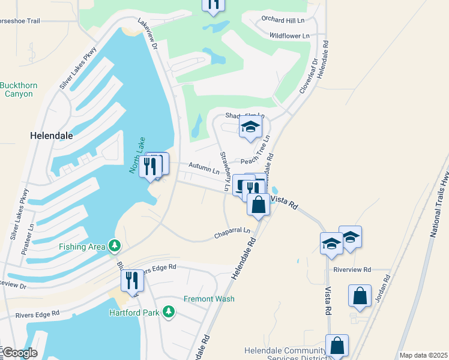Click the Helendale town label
52,136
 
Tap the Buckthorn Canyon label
19,89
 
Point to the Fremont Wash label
209,299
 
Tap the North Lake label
137,155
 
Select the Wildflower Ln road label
289,36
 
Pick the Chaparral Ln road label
232,233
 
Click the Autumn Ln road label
203,169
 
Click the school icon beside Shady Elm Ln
251,127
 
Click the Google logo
20,353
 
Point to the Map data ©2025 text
423,355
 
